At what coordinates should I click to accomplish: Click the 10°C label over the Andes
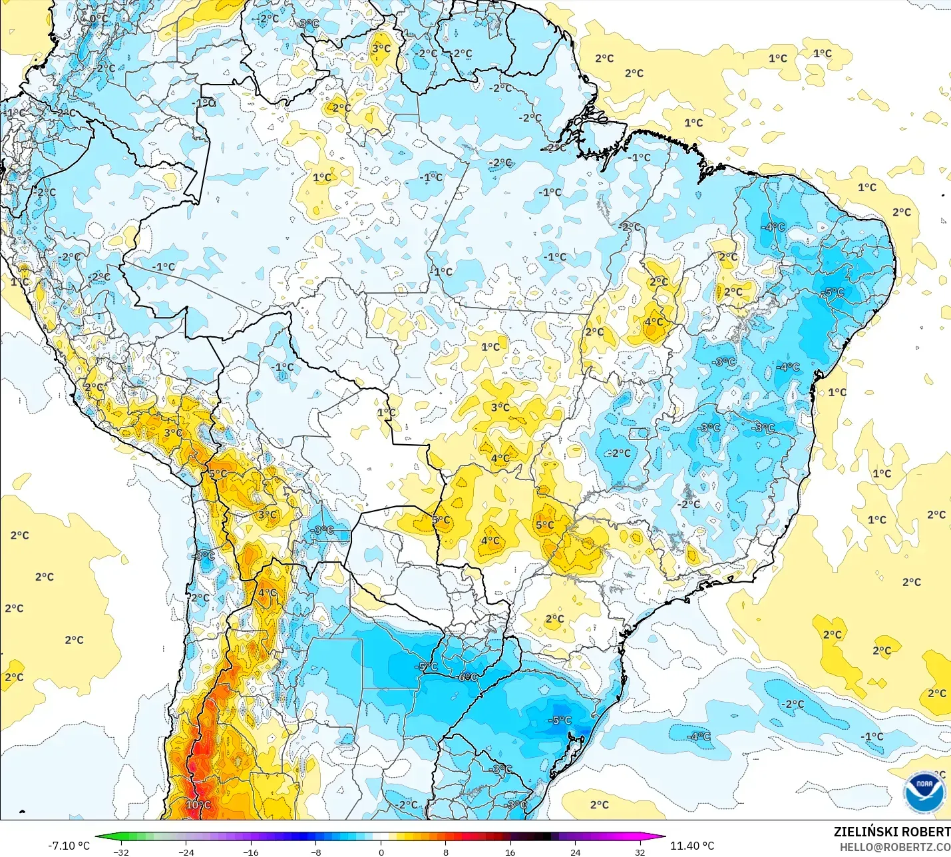click(198, 804)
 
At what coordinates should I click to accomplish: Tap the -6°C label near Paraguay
click(468, 677)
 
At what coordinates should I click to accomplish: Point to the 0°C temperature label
click(98, 19)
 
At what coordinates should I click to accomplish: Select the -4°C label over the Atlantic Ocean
click(699, 736)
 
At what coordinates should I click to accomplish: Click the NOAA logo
click(924, 792)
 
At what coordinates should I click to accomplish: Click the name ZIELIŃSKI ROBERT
click(892, 832)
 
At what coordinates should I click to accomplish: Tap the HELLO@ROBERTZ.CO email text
click(894, 847)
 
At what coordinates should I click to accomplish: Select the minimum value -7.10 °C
click(69, 846)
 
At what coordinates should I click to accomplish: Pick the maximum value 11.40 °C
click(692, 846)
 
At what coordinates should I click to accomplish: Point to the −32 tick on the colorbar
click(121, 852)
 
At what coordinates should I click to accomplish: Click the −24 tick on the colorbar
click(186, 852)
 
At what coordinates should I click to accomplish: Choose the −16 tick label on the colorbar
click(251, 852)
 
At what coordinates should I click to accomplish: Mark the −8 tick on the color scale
click(316, 852)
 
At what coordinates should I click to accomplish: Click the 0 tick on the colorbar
click(381, 852)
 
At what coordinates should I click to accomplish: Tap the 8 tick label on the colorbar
click(446, 852)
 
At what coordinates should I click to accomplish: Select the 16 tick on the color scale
click(510, 852)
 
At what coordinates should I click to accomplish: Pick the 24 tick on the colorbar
click(576, 852)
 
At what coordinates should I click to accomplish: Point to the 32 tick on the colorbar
click(640, 852)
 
